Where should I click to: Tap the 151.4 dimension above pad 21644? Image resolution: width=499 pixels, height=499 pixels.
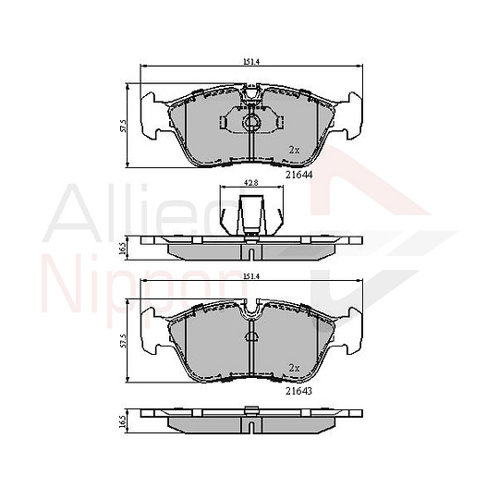249,62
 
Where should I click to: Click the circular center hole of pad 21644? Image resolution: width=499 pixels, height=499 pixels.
249,123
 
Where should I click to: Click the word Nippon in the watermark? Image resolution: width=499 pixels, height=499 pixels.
139,282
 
